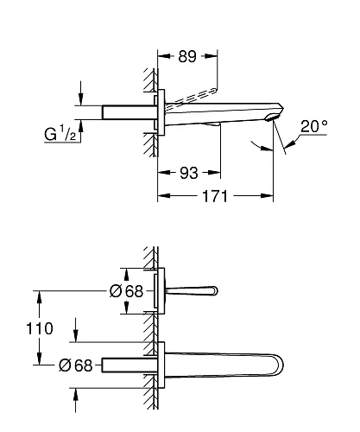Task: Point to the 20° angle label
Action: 313,127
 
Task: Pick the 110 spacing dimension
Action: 40,329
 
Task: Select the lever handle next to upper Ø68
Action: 190,291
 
